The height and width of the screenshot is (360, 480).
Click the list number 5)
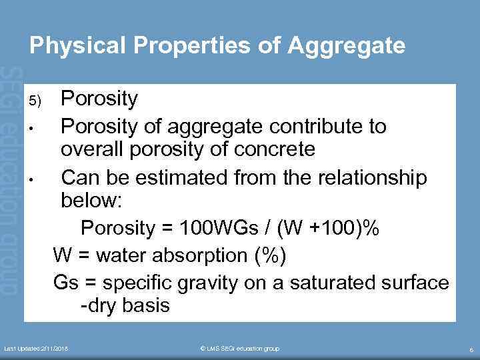[35, 101]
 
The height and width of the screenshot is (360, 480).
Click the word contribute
[318, 126]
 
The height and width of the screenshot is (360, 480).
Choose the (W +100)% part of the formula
[331, 229]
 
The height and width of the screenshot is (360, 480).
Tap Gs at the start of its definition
[66, 283]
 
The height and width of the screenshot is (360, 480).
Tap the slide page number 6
[471, 349]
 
